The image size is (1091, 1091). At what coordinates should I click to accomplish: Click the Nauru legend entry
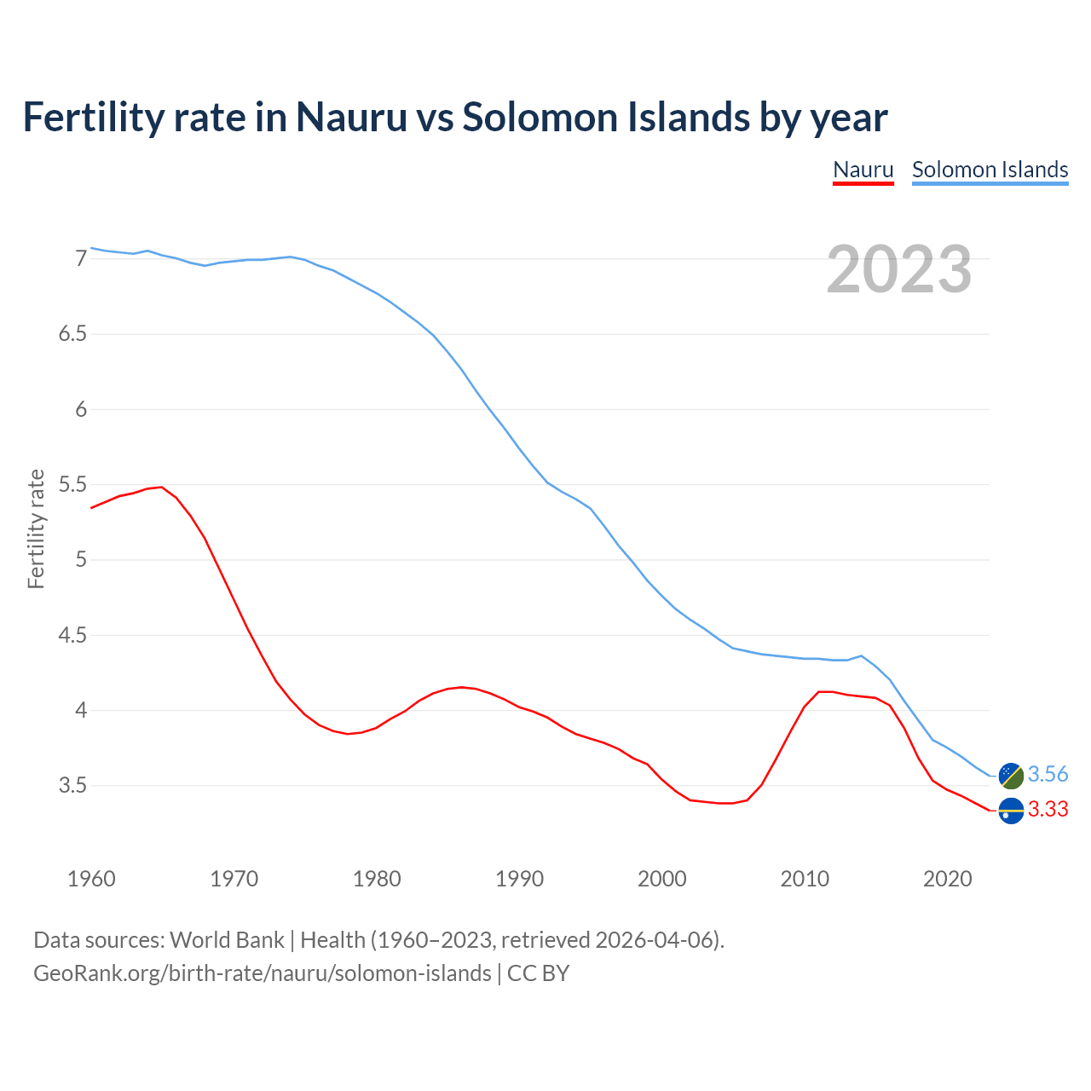point(863,170)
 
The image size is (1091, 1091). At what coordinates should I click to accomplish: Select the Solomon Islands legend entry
point(990,170)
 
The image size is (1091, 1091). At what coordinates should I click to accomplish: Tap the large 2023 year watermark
point(899,269)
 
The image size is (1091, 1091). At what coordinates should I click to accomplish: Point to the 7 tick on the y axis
point(81,258)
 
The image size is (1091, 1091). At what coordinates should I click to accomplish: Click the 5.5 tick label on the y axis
point(72,485)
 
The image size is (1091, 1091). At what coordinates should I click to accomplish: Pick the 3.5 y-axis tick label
point(72,786)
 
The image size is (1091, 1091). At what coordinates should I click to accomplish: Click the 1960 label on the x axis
point(91,879)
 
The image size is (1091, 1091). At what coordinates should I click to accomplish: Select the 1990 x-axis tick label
point(519,879)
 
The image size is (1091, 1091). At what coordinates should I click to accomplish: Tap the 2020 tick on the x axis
point(947,879)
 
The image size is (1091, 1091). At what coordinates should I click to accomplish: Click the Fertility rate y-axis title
point(36,528)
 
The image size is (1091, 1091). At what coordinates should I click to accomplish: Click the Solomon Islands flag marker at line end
point(1011,775)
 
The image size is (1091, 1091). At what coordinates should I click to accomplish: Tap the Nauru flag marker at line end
point(1011,811)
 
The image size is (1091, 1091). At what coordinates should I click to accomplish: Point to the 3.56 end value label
point(1048,774)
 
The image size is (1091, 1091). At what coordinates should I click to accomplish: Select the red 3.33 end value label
point(1048,810)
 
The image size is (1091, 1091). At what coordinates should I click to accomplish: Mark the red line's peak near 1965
point(162,488)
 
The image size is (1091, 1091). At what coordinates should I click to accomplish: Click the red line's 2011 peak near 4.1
point(820,691)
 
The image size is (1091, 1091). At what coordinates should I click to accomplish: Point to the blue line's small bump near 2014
point(862,655)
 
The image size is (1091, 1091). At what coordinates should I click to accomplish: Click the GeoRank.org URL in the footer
point(263,973)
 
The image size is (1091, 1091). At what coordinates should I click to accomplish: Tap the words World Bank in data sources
point(227,940)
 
